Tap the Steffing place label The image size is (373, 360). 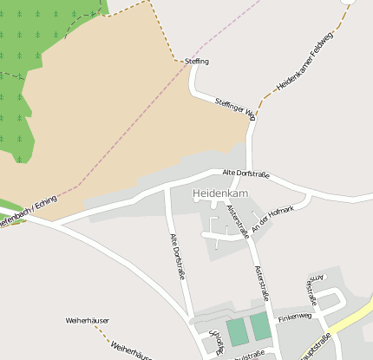click(197, 61)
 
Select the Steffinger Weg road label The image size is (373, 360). click(235, 108)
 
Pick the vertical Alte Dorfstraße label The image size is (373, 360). click(178, 256)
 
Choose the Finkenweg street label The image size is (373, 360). click(293, 318)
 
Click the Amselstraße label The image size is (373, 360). click(315, 291)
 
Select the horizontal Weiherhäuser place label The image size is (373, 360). click(87, 320)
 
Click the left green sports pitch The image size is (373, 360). click(236, 331)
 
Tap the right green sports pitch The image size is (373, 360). click(260, 326)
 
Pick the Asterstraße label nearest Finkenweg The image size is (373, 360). click(262, 283)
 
